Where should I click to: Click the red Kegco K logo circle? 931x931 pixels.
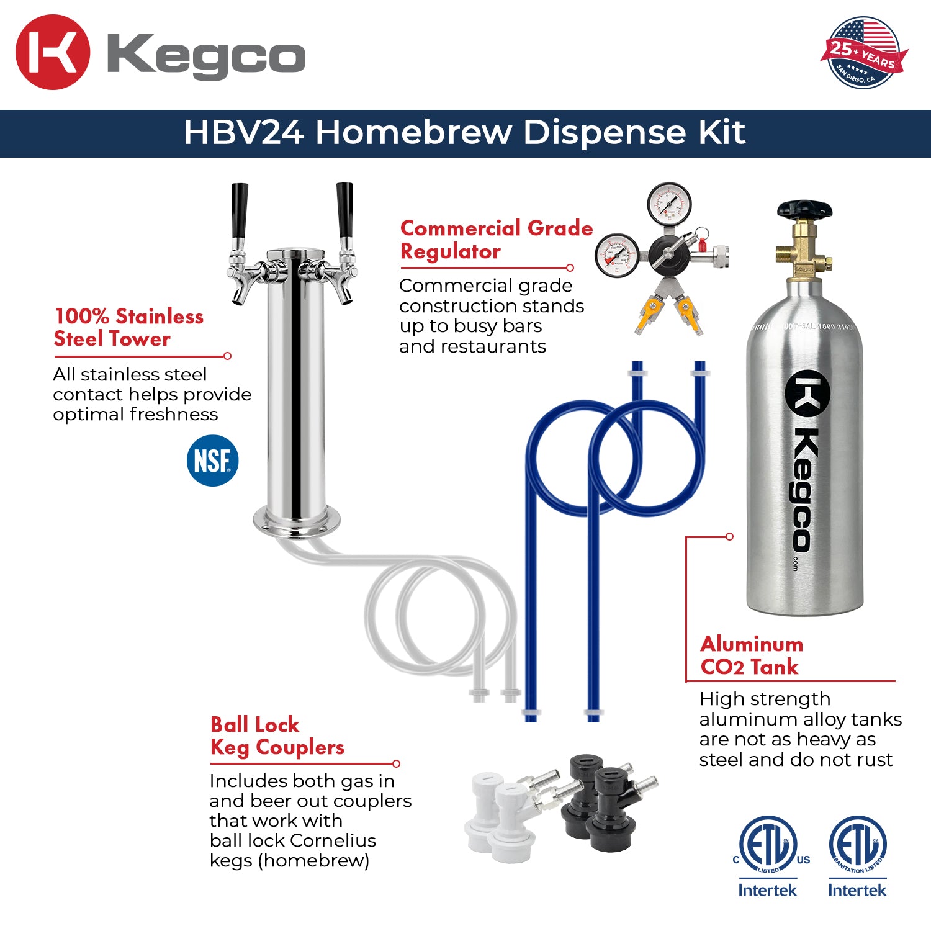click(53, 52)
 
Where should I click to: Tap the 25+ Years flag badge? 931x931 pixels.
click(863, 53)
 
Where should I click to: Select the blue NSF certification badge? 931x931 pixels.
click(212, 461)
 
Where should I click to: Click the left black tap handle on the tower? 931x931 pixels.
click(239, 211)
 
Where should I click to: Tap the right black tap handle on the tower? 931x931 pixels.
click(344, 211)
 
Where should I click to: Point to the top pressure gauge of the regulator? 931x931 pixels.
click(669, 203)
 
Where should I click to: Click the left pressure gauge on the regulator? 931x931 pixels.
click(617, 255)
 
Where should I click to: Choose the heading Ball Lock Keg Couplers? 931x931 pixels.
click(277, 736)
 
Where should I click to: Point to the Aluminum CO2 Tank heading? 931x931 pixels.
click(751, 655)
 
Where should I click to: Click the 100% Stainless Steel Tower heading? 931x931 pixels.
click(128, 327)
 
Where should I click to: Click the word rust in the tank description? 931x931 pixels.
click(873, 760)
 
